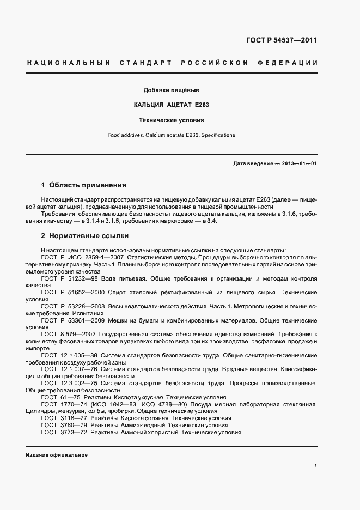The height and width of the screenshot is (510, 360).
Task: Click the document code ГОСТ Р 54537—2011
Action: pos(282,40)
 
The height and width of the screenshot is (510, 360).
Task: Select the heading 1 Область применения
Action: pos(83,185)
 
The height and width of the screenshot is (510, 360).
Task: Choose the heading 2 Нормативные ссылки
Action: pos(85,236)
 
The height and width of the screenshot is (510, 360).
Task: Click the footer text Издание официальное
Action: pos(57,454)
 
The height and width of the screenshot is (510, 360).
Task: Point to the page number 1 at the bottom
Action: pos(316,466)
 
